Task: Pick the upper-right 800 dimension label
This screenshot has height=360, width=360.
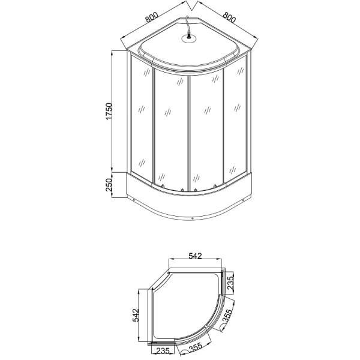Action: click(x=229, y=17)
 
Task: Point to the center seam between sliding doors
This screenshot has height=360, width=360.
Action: click(x=190, y=129)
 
